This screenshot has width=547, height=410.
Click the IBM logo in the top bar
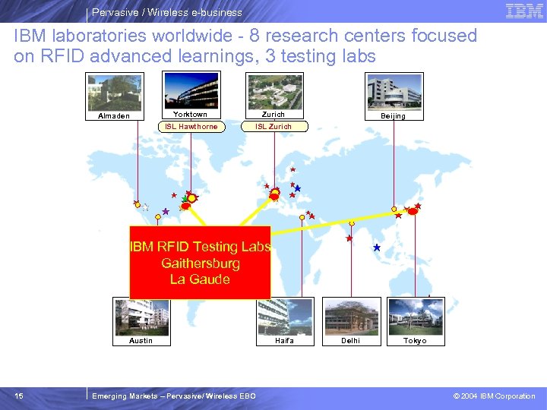coord(524,11)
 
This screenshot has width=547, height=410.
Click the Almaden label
coord(114,116)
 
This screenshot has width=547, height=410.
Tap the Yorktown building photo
coord(191,90)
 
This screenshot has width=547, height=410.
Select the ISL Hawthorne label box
coord(191,127)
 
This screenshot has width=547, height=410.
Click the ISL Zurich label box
coord(273,127)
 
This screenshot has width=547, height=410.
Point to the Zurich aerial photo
coord(275,90)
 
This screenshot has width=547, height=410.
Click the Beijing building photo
coord(394,91)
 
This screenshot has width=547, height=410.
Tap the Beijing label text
coord(394,116)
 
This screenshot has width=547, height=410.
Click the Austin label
coord(141,341)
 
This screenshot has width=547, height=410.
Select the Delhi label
coord(351,341)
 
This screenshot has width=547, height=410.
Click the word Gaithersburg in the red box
coord(201,263)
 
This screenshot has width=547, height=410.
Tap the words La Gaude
coord(201,279)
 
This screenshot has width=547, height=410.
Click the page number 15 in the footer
coord(19,396)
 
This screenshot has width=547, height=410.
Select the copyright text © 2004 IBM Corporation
coord(494,396)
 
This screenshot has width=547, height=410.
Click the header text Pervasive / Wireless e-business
coord(167,12)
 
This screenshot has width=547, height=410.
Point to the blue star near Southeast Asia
coord(377,248)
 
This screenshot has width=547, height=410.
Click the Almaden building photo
coord(114,92)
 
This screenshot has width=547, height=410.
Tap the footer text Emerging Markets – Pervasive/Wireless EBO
coord(173,396)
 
